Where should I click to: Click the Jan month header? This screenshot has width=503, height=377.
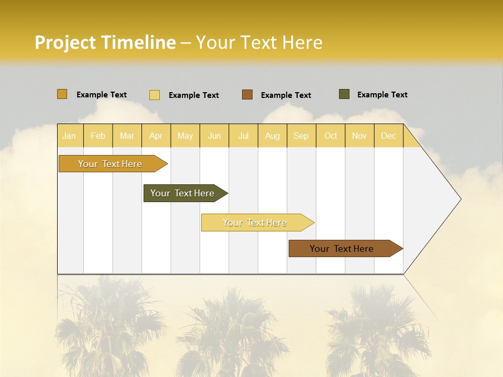(x=69, y=136)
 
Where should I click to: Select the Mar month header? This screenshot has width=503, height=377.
(x=127, y=136)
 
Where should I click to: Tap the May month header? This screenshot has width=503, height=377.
(x=185, y=136)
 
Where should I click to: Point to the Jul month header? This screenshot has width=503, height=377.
(x=243, y=136)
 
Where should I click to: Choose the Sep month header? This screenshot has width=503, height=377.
(x=301, y=136)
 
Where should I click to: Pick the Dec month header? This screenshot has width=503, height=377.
(x=388, y=136)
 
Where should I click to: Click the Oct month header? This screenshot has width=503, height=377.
(x=331, y=136)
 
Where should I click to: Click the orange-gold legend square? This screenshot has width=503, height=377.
(x=62, y=94)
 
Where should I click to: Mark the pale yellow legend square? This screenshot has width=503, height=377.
(x=155, y=95)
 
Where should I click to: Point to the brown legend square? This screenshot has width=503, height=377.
(x=247, y=95)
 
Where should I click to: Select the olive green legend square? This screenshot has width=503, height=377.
(x=344, y=94)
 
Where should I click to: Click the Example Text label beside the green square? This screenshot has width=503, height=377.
(x=382, y=95)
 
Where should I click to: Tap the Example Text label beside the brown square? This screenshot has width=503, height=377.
(x=286, y=95)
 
